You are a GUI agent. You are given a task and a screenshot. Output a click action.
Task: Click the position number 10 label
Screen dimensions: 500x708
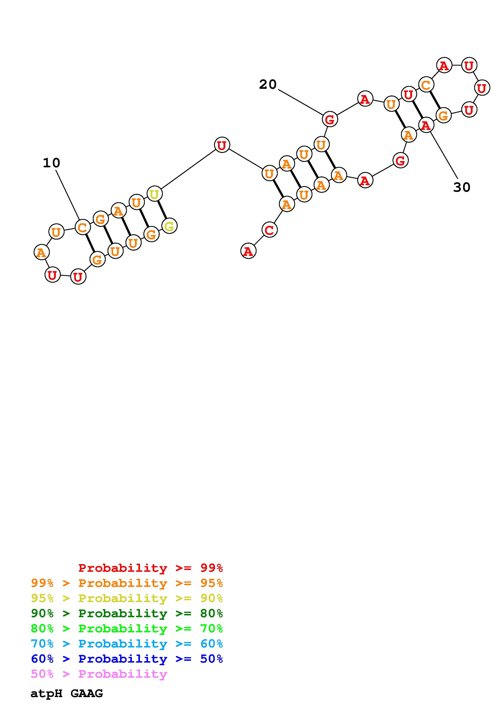tap(51, 163)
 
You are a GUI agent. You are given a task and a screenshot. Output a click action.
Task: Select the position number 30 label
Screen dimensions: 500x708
tap(462, 187)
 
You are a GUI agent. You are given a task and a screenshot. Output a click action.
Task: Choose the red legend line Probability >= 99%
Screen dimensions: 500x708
tap(151, 568)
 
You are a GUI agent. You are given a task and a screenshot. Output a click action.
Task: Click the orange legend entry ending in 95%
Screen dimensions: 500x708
tap(127, 583)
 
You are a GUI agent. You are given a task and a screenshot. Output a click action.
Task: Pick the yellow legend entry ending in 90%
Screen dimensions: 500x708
tap(127, 598)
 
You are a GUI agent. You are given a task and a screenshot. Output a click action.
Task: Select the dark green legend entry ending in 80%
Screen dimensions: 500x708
tap(127, 613)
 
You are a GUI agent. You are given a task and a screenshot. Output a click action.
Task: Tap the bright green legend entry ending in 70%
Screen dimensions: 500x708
tap(127, 628)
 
